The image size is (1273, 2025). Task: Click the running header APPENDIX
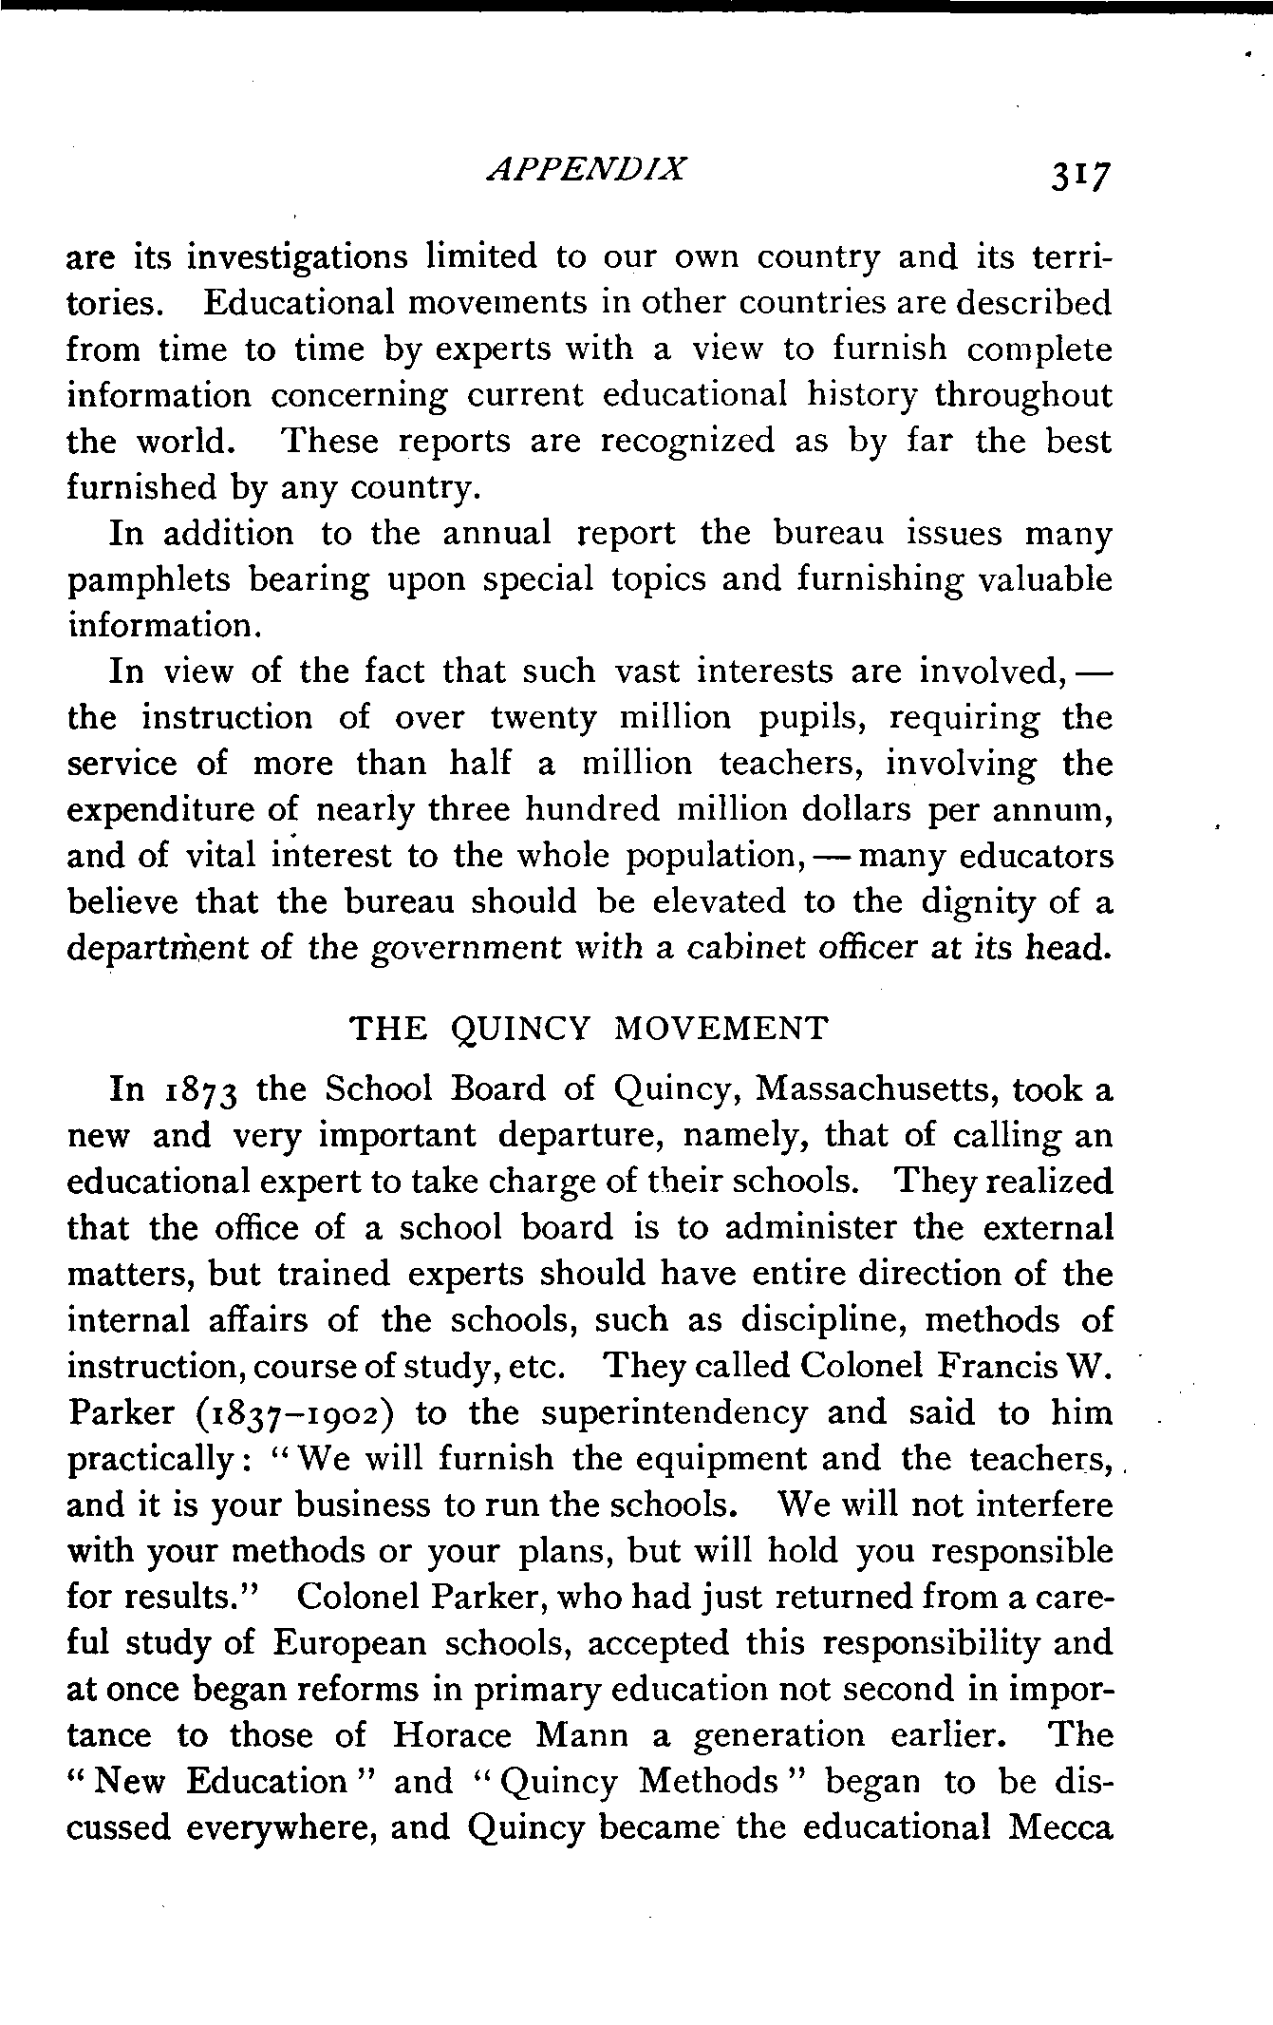(x=585, y=169)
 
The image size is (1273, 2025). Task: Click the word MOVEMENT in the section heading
(x=721, y=1028)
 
